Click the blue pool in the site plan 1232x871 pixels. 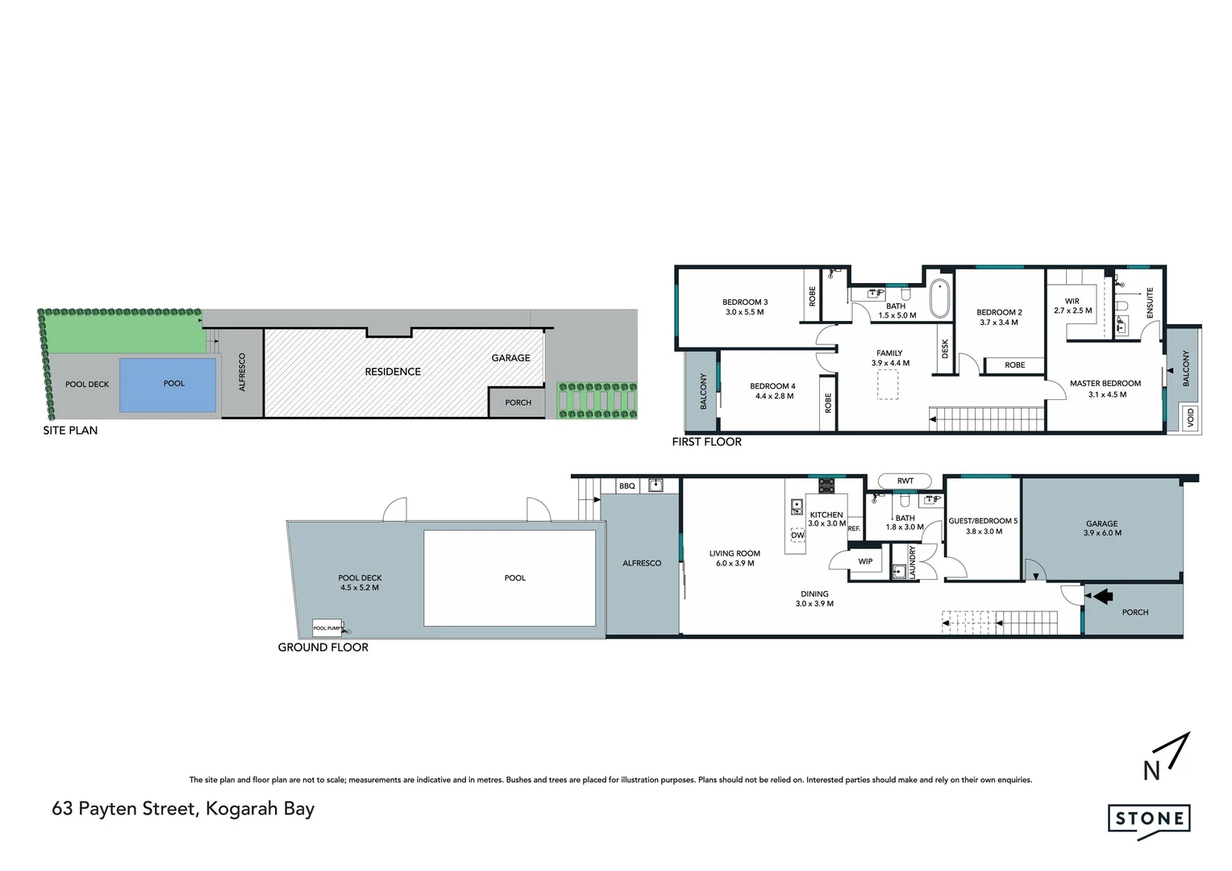(x=168, y=384)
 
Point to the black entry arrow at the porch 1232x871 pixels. (x=1102, y=596)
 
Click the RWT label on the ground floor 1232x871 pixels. (x=905, y=481)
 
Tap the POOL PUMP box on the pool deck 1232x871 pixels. (x=327, y=627)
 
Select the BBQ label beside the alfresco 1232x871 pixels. (x=627, y=486)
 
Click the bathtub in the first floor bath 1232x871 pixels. (x=940, y=298)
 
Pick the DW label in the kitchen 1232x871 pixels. (x=797, y=535)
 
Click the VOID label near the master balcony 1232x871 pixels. (x=1190, y=418)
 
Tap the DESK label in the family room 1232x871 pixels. (x=945, y=349)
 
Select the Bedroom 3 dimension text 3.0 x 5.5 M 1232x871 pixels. (x=744, y=312)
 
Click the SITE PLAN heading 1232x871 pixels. (x=70, y=431)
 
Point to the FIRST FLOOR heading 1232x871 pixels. (x=706, y=442)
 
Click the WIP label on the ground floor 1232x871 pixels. (x=865, y=561)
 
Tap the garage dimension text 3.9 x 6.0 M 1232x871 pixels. (x=1101, y=533)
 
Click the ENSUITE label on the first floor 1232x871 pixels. (x=1150, y=302)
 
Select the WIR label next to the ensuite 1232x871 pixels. (x=1072, y=301)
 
